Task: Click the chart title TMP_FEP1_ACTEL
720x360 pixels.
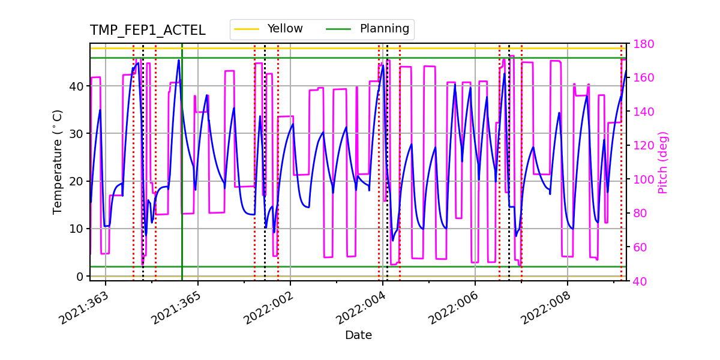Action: (x=148, y=31)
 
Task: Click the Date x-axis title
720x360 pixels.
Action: (x=358, y=335)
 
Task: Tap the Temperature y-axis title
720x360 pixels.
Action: (x=58, y=161)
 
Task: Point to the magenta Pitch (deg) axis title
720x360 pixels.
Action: (x=663, y=162)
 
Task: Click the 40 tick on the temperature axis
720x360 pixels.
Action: (x=76, y=86)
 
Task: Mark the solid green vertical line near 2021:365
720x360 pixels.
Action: (x=182, y=180)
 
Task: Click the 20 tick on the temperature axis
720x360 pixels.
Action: (x=76, y=181)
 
